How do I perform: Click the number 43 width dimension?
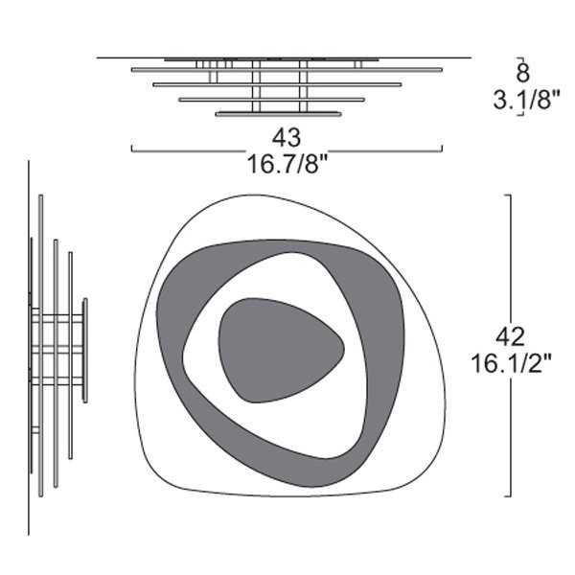tap(287, 137)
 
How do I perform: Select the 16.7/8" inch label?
tap(287, 164)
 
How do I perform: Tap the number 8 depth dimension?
tap(522, 73)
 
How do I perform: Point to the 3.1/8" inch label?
tap(526, 100)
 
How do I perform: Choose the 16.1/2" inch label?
tap(511, 364)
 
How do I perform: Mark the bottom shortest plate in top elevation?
tap(278, 114)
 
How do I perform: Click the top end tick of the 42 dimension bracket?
tap(508, 195)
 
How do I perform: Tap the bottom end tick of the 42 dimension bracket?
tap(508, 496)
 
